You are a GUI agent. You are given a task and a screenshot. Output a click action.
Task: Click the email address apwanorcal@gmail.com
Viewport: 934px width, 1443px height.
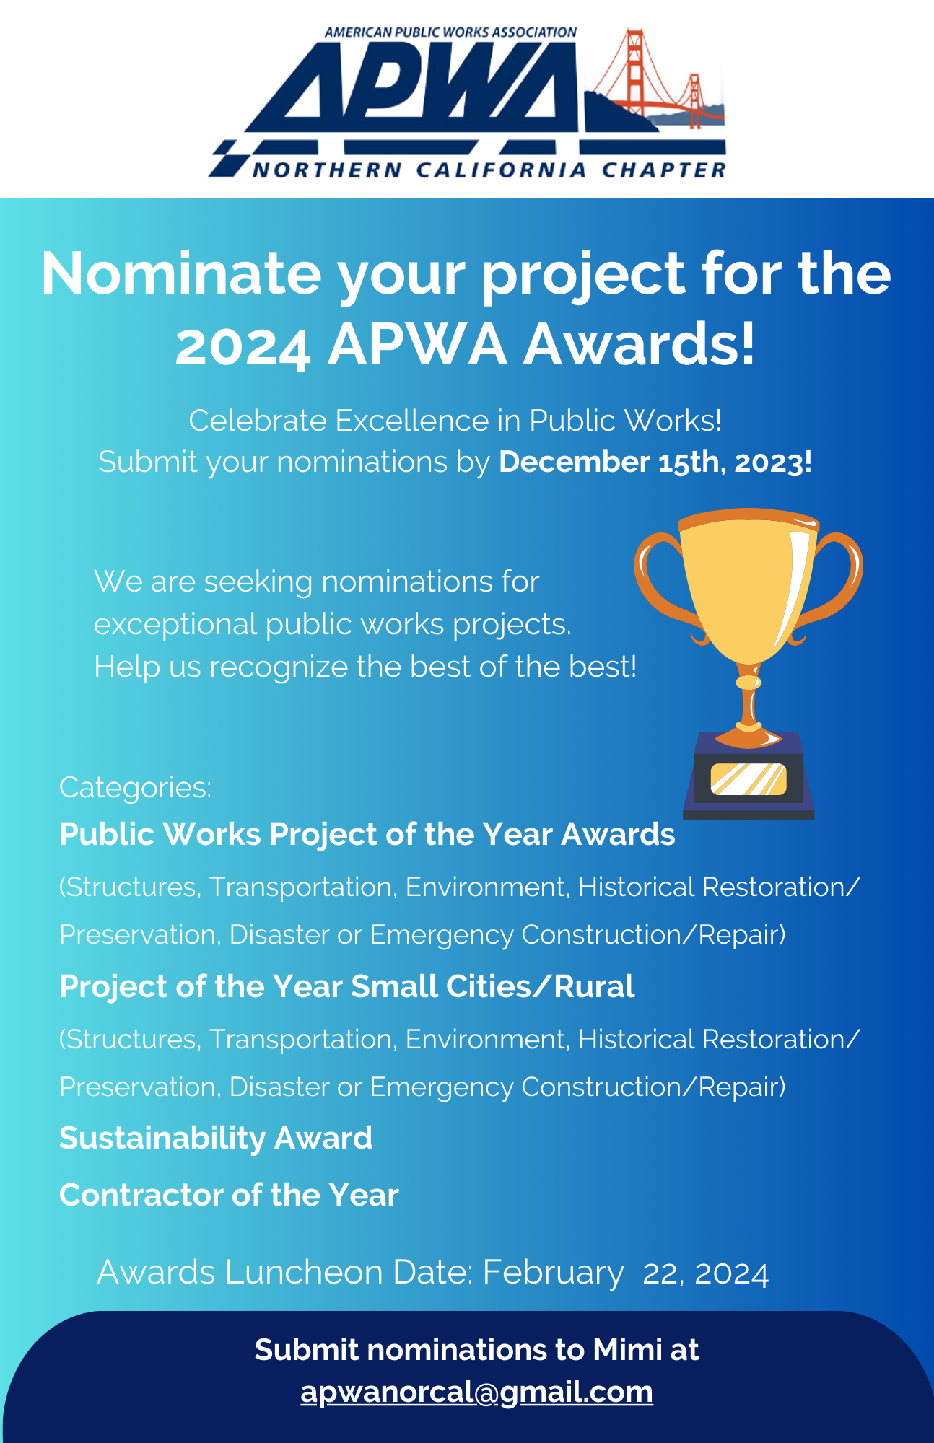pyautogui.click(x=476, y=1391)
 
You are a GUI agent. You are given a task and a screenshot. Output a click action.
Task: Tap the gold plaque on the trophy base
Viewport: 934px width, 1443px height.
pyautogui.click(x=748, y=779)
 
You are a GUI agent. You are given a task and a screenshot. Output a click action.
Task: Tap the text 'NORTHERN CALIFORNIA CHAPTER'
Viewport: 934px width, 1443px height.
pyautogui.click(x=489, y=170)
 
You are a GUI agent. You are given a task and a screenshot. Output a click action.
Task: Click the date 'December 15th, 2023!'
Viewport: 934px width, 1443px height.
pyautogui.click(x=655, y=462)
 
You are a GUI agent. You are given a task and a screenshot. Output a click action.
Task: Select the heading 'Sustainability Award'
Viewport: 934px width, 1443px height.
pyautogui.click(x=216, y=1138)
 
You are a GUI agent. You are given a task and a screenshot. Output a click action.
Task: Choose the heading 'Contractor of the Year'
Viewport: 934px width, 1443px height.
pyautogui.click(x=229, y=1195)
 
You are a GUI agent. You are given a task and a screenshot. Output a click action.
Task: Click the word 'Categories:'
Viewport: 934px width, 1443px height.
pyautogui.click(x=136, y=787)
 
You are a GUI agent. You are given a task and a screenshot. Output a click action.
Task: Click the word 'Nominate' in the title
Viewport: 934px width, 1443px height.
pyautogui.click(x=181, y=273)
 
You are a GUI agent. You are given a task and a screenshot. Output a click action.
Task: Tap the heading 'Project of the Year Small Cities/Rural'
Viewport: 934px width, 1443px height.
pyautogui.click(x=346, y=986)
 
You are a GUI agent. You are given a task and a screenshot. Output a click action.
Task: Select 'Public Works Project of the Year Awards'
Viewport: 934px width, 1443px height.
pyautogui.click(x=367, y=834)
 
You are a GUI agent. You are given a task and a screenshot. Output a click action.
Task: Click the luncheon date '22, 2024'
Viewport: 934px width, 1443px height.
pyautogui.click(x=705, y=1273)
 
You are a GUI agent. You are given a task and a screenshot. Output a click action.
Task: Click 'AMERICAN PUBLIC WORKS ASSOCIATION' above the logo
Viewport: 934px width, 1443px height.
pyautogui.click(x=450, y=32)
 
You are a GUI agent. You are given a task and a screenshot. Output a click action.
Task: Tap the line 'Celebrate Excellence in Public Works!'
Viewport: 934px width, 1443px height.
pyautogui.click(x=455, y=420)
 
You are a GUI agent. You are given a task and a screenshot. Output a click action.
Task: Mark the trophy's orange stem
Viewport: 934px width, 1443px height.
pyautogui.click(x=748, y=703)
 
